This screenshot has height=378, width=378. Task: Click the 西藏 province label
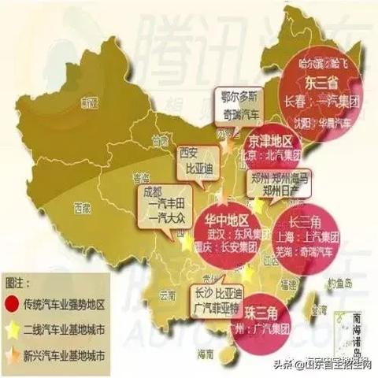[x=81, y=208]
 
